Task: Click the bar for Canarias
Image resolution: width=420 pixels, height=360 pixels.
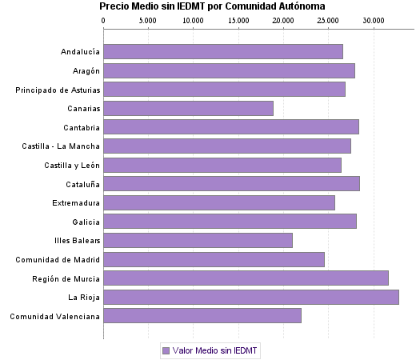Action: coord(188,108)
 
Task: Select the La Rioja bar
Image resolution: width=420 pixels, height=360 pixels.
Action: coord(251,298)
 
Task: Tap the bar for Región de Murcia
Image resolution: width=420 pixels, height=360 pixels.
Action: coord(246,278)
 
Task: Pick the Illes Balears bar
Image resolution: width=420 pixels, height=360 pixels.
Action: coord(198,240)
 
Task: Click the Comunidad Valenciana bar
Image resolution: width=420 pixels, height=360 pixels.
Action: coord(202,316)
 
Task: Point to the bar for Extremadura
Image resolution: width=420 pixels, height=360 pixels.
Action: coord(219,202)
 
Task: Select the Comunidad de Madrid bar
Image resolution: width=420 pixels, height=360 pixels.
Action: coord(214,259)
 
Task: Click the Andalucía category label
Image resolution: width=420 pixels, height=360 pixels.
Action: coord(80,52)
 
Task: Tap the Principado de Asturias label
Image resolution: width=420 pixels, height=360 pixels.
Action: coord(58,90)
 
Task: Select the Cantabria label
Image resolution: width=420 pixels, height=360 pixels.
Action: coord(82,127)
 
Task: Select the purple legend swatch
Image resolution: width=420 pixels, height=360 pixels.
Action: coord(166,350)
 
